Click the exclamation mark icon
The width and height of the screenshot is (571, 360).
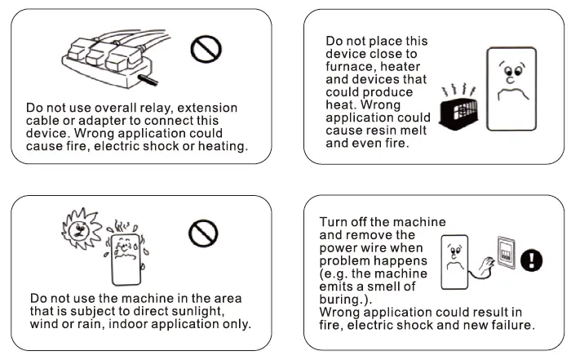(x=532, y=260)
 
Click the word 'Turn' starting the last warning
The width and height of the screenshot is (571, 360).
(x=335, y=221)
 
